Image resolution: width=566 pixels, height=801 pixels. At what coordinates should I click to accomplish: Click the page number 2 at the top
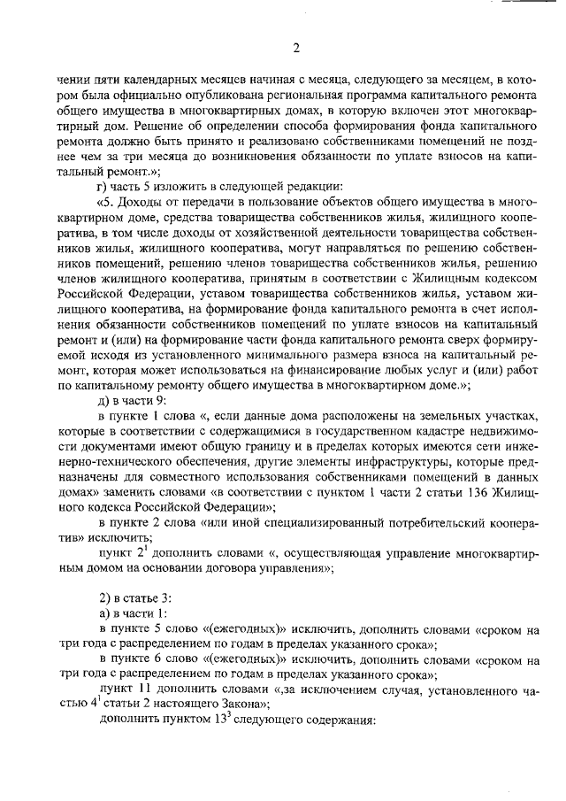(x=296, y=47)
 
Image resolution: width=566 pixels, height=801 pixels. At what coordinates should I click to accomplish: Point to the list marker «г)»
(x=103, y=185)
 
